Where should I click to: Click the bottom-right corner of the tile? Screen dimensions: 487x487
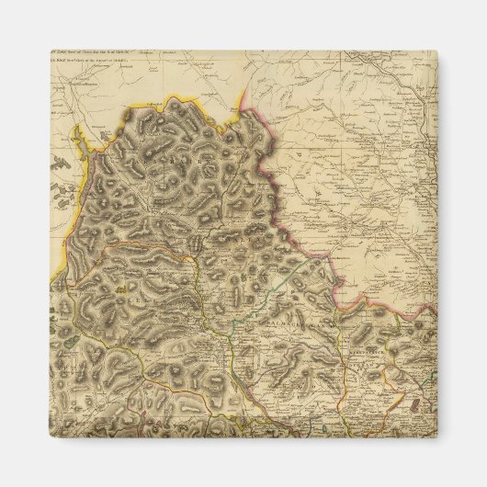[x=436, y=436]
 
